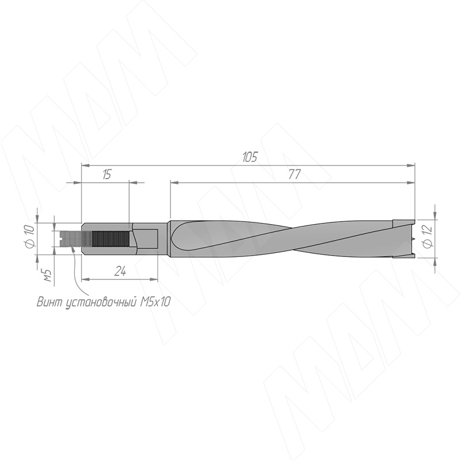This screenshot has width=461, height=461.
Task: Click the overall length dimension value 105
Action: coord(250,157)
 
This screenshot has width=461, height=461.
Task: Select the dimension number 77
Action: coord(294,175)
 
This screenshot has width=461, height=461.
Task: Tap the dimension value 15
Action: coord(107,175)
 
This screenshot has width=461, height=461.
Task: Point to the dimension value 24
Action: coord(120,271)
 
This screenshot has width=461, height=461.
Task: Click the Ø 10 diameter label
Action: coord(31,236)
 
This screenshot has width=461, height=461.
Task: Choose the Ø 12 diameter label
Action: coord(428,236)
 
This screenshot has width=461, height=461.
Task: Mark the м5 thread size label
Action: coord(47,275)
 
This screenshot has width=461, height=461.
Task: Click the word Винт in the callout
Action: coord(49,302)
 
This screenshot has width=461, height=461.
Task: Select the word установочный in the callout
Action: coord(101,303)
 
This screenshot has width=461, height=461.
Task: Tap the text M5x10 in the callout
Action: coord(155,302)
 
